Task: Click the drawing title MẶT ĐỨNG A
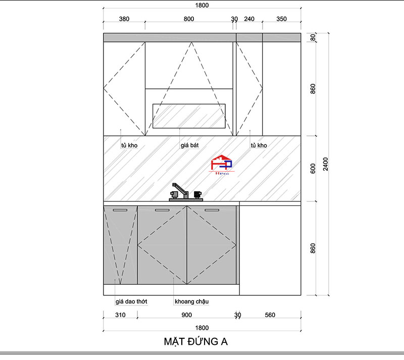point(195,341)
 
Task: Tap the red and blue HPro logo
point(222,165)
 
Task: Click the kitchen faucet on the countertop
point(186,192)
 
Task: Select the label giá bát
point(190,145)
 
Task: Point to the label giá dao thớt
point(131,301)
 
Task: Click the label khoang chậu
point(192,301)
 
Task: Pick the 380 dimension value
point(124,19)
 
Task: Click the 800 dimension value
point(189,19)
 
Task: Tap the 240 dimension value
point(249,19)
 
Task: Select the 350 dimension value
point(281,19)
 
